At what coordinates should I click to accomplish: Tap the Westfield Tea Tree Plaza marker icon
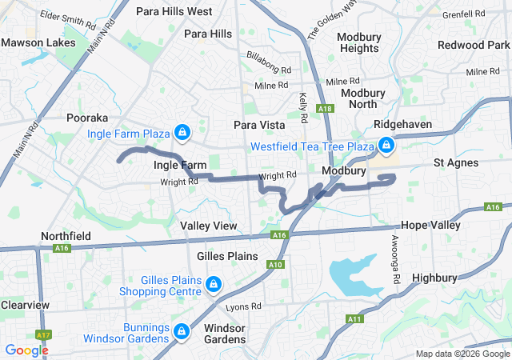coord(386,146)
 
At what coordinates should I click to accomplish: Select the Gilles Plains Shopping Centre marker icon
coord(214,284)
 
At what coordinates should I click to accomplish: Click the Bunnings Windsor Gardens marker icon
coord(182,330)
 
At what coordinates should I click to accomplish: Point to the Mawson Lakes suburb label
coord(38,42)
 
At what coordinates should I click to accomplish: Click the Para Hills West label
coord(174,11)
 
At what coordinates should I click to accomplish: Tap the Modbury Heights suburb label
coord(358,42)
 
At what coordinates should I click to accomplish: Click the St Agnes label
coord(457,162)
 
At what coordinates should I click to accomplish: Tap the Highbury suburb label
coord(434,278)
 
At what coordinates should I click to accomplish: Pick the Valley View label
coord(209,226)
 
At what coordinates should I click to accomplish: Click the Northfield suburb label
coord(66,237)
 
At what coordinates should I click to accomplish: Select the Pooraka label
coord(87,118)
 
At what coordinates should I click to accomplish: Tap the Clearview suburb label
coord(25,305)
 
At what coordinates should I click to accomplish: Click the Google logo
coord(26,350)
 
